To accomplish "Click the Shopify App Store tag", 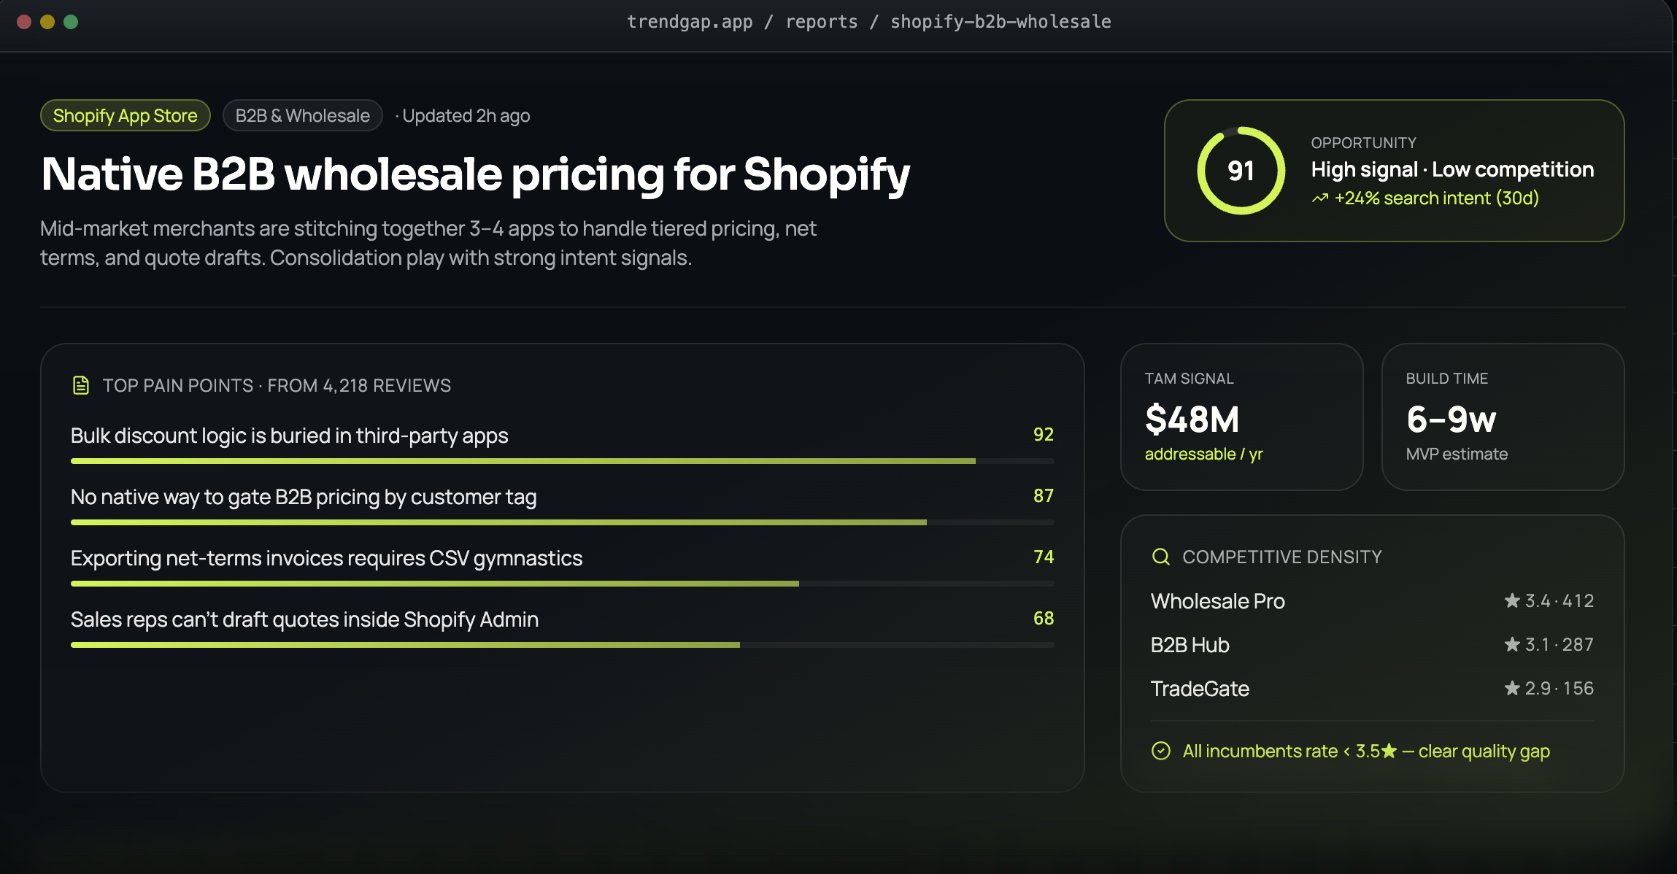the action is click(126, 115).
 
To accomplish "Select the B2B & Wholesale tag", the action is click(303, 115).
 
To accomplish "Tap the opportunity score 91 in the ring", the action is click(1241, 171).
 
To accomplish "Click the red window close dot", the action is click(24, 22).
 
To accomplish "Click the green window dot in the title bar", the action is click(71, 22).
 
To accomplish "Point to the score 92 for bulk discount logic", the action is click(1044, 434).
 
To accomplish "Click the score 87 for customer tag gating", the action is click(1044, 495).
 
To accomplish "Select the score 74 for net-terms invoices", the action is click(1044, 557).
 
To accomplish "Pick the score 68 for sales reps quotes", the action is click(1044, 618).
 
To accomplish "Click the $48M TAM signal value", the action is click(1192, 419).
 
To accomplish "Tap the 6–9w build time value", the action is click(1452, 419).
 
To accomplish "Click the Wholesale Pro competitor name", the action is click(1218, 601).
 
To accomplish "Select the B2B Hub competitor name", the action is click(1190, 645).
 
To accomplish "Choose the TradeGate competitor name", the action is click(1200, 689).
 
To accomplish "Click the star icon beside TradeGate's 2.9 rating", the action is click(1512, 688).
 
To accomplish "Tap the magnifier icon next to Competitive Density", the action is click(1161, 557).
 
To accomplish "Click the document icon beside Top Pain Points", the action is click(81, 385).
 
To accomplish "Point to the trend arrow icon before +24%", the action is click(1320, 198).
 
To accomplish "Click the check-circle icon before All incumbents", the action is click(1161, 751).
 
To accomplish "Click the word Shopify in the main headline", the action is click(827, 175).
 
